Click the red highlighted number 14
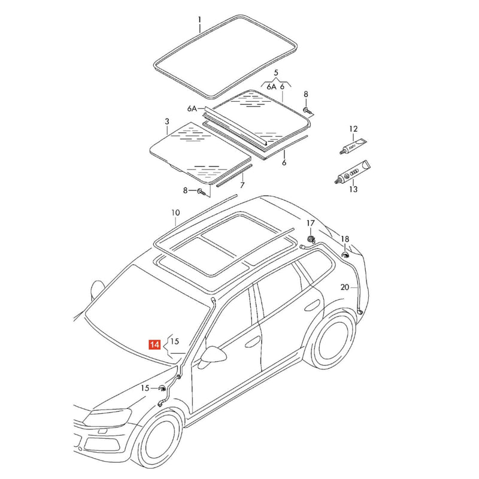pyautogui.click(x=154, y=344)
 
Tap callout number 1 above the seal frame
pyautogui.click(x=199, y=20)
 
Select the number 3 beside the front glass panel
pyautogui.click(x=167, y=122)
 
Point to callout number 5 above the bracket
pyautogui.click(x=276, y=72)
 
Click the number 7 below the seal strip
pyautogui.click(x=242, y=185)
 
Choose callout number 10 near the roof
pyautogui.click(x=175, y=213)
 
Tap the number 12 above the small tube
pyautogui.click(x=353, y=129)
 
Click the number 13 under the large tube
pyautogui.click(x=353, y=189)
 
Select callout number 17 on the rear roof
pyautogui.click(x=310, y=223)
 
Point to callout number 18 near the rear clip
pyautogui.click(x=345, y=239)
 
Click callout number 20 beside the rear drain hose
pyautogui.click(x=345, y=287)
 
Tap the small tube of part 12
pyautogui.click(x=353, y=145)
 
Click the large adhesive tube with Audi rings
pyautogui.click(x=353, y=172)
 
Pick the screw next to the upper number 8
pyautogui.click(x=307, y=111)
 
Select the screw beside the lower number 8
pyautogui.click(x=202, y=192)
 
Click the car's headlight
pyautogui.click(x=108, y=417)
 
